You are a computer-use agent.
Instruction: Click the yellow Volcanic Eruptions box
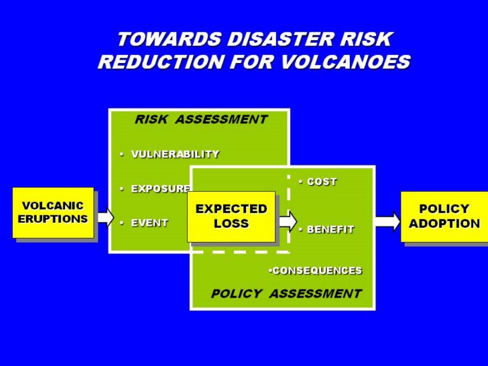click(53, 212)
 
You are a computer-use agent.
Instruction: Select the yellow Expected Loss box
click(231, 216)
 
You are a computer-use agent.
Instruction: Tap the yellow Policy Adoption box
click(444, 216)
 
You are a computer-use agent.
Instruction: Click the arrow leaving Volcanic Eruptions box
click(104, 217)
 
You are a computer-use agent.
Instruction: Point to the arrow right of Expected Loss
click(287, 220)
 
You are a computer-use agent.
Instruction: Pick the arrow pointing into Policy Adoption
click(387, 221)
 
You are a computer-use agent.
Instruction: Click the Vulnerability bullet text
click(175, 155)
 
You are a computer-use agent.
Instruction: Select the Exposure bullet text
click(161, 188)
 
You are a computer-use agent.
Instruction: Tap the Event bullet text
click(149, 222)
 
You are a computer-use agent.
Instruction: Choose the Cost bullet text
click(321, 182)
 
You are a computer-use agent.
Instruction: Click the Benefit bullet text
click(330, 230)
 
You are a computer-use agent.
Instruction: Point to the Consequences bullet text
click(316, 270)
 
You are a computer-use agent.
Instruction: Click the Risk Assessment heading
click(201, 120)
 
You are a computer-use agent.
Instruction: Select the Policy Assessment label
click(286, 293)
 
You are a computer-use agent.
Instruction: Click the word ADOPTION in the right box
click(444, 224)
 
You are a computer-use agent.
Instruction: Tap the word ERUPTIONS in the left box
click(53, 219)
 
